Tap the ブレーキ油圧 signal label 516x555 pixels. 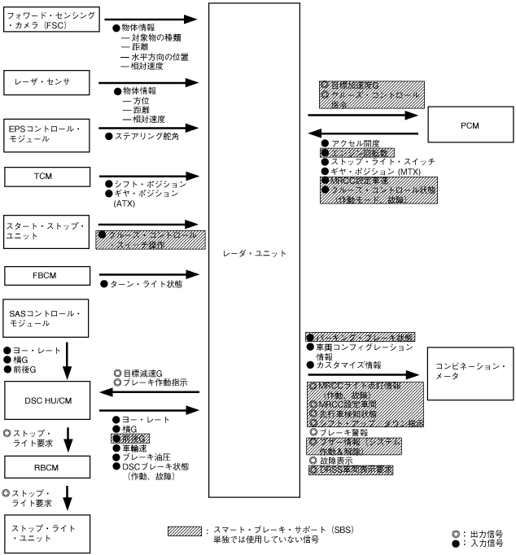143,458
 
